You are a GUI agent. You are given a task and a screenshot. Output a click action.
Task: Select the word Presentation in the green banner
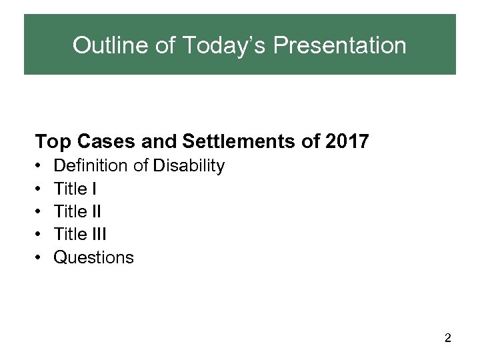(x=339, y=45)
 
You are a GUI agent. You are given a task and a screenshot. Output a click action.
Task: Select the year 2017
(x=347, y=142)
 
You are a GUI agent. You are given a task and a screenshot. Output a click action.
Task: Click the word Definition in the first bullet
(x=93, y=165)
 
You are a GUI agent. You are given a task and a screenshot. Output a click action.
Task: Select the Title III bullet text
(x=79, y=235)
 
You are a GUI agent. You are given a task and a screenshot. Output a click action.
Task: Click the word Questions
(x=93, y=257)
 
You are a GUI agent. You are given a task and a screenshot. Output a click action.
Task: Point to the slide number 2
(x=448, y=339)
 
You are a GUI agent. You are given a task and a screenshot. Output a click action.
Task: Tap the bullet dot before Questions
(x=39, y=257)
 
